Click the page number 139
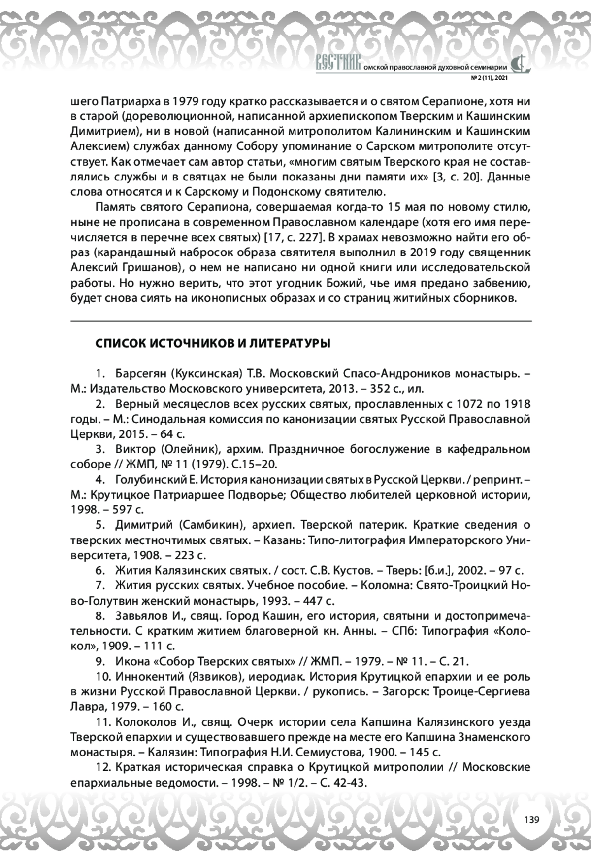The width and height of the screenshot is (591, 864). tap(531, 819)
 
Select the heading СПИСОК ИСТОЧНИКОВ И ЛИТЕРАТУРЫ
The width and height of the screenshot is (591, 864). tap(213, 343)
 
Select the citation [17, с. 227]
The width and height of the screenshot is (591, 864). tap(293, 237)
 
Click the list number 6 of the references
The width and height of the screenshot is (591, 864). tap(100, 571)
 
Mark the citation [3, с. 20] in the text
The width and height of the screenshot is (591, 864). tap(456, 177)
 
